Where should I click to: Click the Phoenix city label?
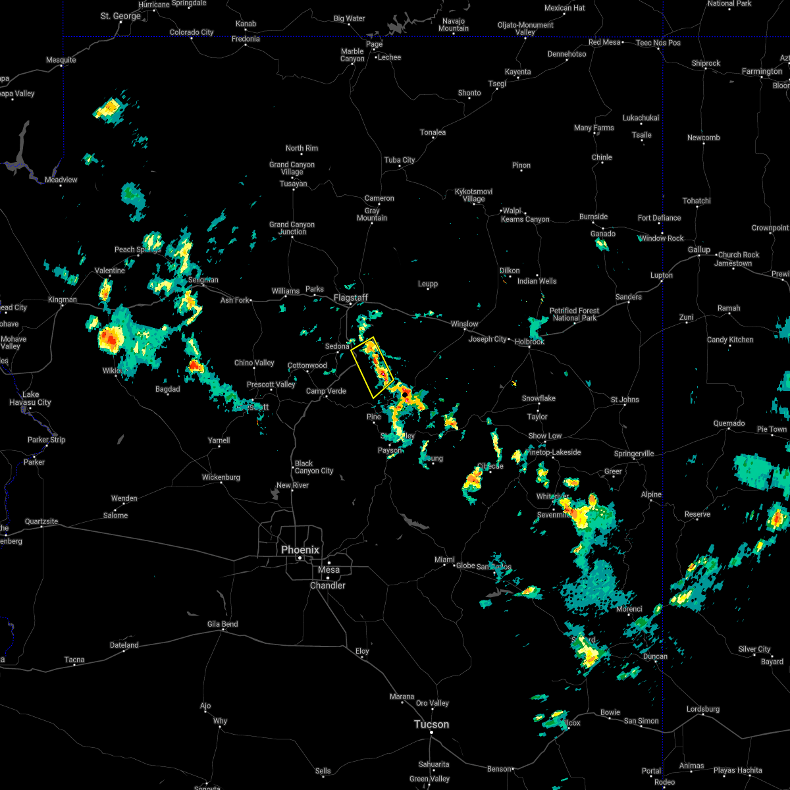coord(300,550)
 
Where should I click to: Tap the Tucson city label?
coord(431,724)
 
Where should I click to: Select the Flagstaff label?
coord(350,298)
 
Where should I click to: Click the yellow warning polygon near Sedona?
coord(373,367)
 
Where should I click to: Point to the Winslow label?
coord(464,324)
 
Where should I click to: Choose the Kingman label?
coord(62,300)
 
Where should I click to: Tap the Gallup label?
coord(699,250)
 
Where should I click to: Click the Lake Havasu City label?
coord(30,399)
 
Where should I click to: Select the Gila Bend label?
coord(223,623)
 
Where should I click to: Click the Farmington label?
coord(762,71)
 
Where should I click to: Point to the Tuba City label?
coord(400,160)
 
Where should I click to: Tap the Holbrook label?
coord(529,342)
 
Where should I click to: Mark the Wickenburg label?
coord(221,477)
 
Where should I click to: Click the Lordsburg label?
coord(703,709)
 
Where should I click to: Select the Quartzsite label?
coord(41,521)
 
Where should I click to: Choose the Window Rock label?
coord(661,238)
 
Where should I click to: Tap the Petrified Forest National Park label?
coord(574,314)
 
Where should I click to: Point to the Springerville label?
coord(634,454)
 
